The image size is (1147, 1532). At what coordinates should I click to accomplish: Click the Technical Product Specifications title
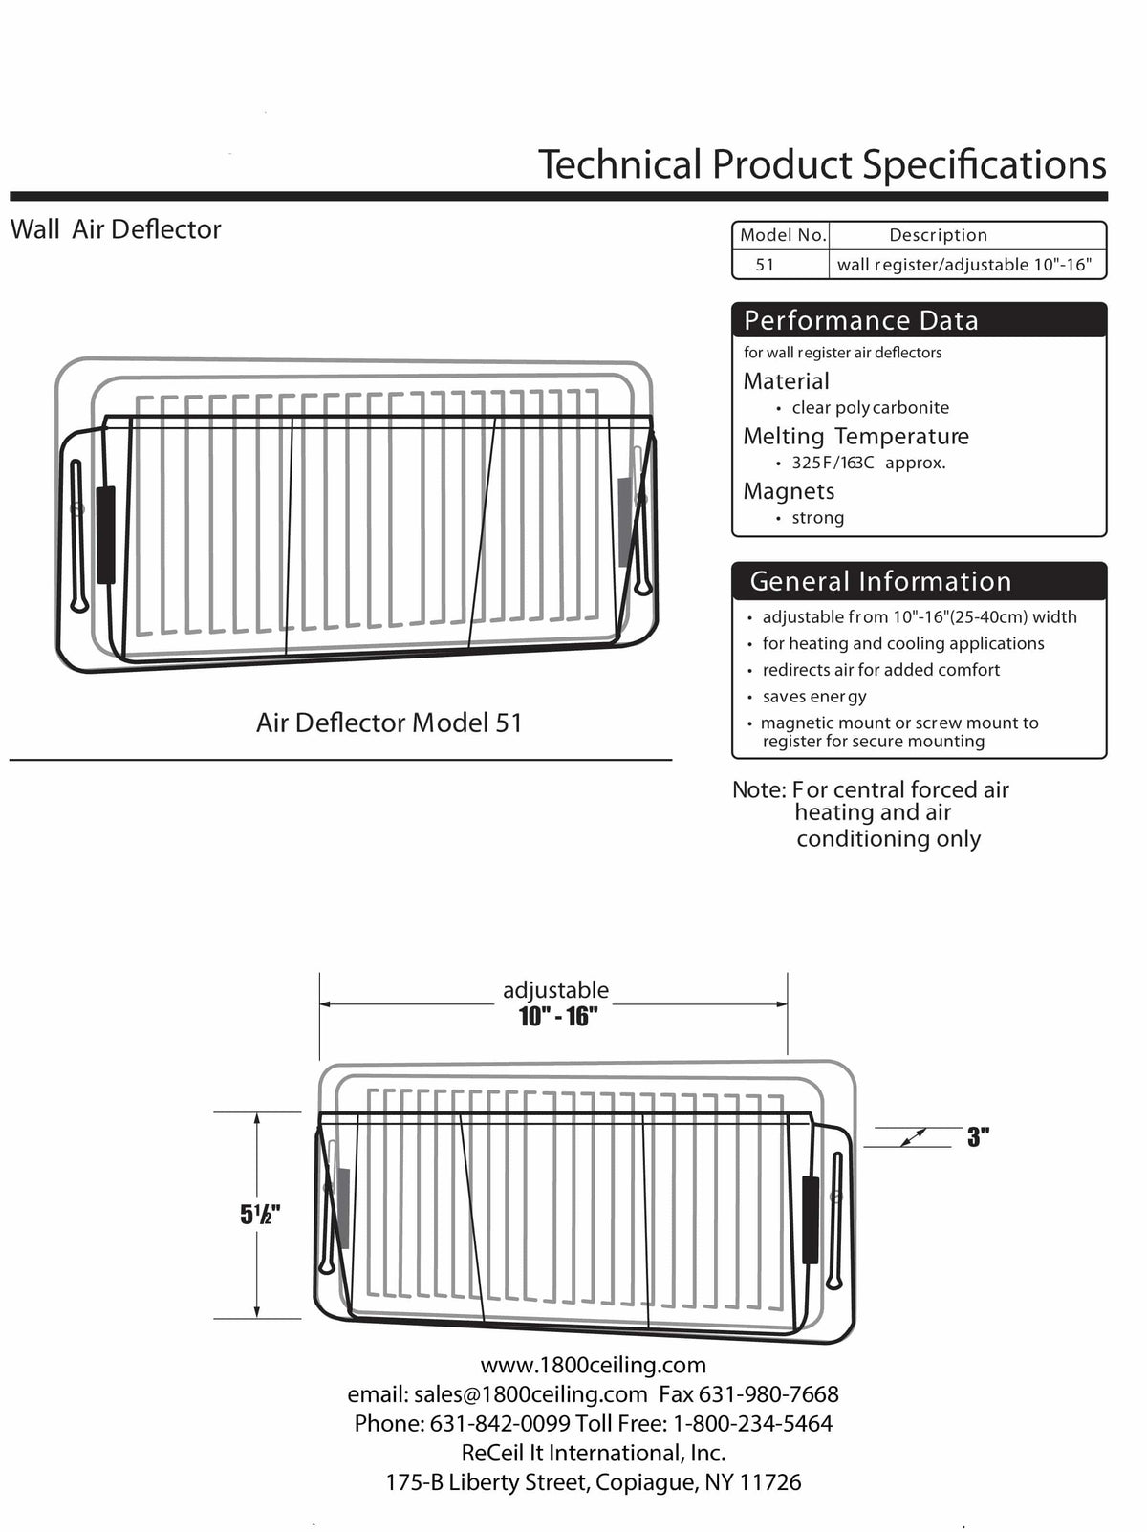pos(822,164)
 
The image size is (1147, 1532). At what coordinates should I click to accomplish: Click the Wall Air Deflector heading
pos(116,229)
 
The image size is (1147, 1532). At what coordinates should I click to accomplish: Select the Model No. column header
pos(783,235)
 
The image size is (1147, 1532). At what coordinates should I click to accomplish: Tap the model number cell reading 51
pos(765,265)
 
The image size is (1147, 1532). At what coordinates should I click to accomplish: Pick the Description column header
pos(938,235)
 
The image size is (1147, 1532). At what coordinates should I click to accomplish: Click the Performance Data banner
pos(861,321)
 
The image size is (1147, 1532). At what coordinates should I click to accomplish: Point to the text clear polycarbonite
pos(870,408)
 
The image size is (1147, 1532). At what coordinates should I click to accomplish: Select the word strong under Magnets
pos(817,518)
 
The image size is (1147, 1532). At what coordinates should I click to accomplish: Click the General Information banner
pos(880,581)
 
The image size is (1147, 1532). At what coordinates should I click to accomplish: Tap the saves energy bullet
pos(813,697)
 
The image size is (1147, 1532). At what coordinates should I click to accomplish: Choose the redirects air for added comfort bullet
pos(880,670)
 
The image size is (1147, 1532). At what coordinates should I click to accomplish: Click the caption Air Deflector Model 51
pos(389,723)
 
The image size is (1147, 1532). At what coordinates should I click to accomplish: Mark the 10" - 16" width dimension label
pos(558,1017)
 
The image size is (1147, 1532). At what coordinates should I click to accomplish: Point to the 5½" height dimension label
pos(260,1215)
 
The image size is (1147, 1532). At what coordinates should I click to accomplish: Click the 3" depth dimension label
pos(977,1137)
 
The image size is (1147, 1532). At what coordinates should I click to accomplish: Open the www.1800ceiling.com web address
pos(593,1365)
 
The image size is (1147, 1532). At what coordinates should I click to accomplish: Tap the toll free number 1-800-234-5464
pos(752,1424)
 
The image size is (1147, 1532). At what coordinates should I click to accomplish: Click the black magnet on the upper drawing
pos(106,534)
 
